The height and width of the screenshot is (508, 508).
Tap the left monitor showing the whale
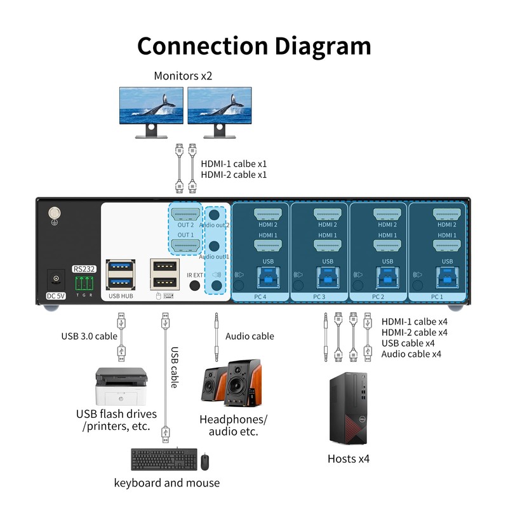pos(151,105)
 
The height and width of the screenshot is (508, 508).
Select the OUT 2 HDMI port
pos(185,214)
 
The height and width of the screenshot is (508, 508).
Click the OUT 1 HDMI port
pos(185,245)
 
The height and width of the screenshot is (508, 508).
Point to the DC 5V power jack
pos(57,279)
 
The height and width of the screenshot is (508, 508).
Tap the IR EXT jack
pos(195,285)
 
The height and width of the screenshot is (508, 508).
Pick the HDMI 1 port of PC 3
pos(328,245)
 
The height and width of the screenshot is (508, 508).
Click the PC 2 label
pos(378,297)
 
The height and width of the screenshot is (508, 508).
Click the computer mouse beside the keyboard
pos(205,462)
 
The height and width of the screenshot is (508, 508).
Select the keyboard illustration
pos(163,460)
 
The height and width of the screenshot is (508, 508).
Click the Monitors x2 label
pos(183,76)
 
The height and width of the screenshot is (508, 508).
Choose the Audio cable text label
pos(250,336)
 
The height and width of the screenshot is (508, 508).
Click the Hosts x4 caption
pos(348,458)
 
